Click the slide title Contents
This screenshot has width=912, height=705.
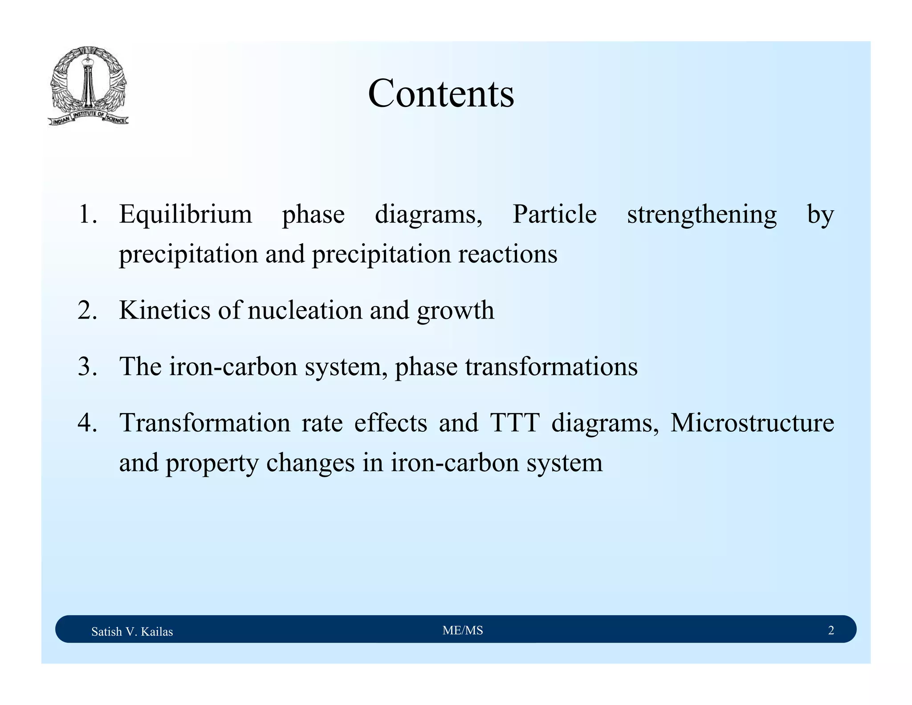(441, 94)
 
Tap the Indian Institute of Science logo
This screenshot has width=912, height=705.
(88, 86)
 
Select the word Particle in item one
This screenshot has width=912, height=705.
(554, 214)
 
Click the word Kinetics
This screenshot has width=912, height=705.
(165, 310)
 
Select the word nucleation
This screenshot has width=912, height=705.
(305, 310)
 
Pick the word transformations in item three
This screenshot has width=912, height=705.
(551, 367)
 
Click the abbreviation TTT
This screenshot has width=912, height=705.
(515, 423)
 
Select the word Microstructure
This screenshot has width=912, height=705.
(752, 423)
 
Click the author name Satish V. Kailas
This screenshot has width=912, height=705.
(132, 631)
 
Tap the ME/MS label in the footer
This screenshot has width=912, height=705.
(463, 630)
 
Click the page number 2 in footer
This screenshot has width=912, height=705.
(831, 630)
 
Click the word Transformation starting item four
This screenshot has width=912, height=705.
(205, 423)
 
